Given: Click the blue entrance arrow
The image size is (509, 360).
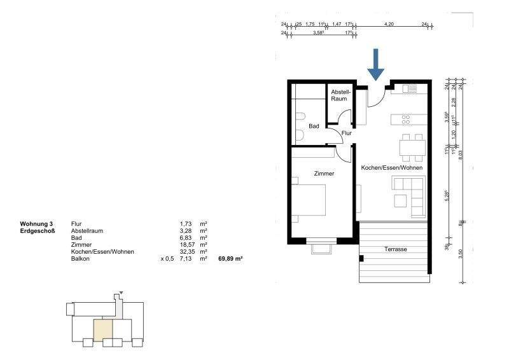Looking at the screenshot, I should (x=375, y=65).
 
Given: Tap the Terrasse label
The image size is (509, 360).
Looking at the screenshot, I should (x=396, y=249).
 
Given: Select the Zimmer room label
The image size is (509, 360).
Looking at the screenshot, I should (x=324, y=173).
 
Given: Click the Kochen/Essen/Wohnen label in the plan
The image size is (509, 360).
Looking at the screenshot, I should (x=391, y=167).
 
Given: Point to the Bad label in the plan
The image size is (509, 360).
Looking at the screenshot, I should (x=314, y=126).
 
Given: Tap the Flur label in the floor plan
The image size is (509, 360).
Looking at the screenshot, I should (x=347, y=133).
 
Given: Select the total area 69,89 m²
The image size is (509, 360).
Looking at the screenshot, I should (x=231, y=259).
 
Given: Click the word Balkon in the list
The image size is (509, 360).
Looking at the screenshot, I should (x=81, y=259).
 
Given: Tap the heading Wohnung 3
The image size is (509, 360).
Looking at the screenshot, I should (x=37, y=224).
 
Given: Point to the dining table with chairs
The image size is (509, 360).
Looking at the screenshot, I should (x=412, y=146).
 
